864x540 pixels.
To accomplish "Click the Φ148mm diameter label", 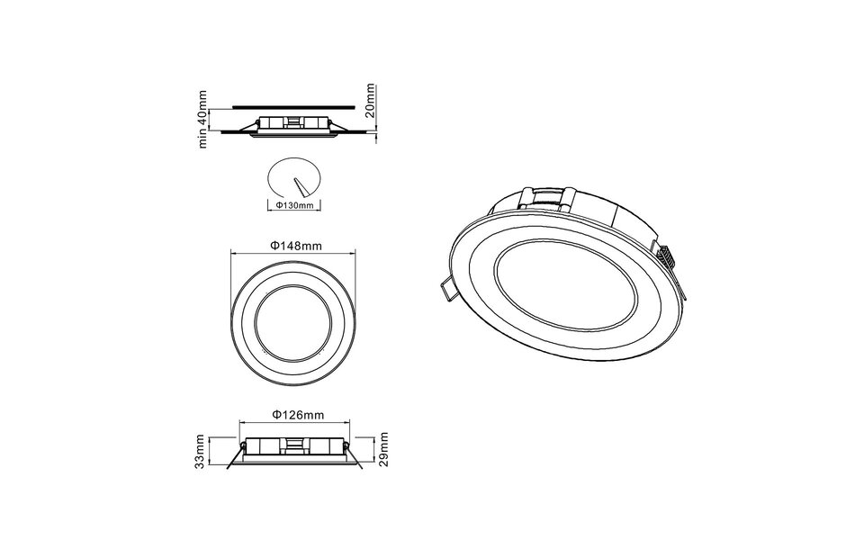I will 296,245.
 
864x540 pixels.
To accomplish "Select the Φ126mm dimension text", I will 297,415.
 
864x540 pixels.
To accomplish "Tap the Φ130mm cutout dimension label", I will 293,205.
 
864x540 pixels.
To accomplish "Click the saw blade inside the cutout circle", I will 299,186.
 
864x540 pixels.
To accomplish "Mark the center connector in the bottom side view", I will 294,444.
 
